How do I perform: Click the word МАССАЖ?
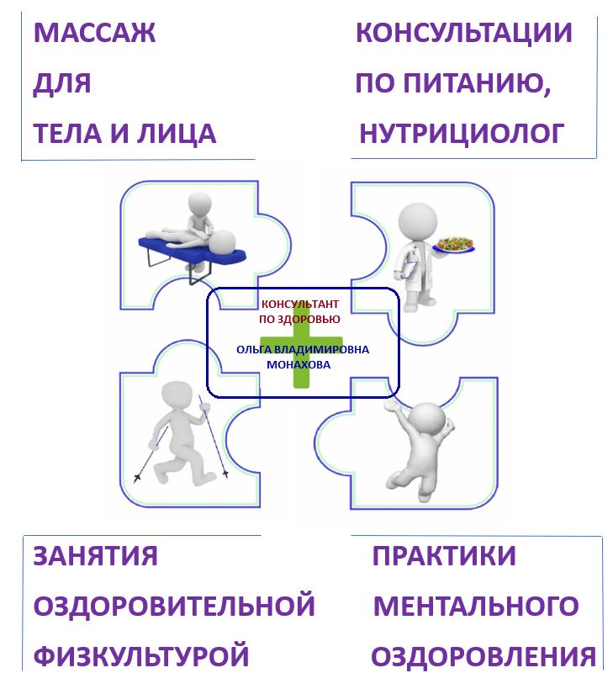click(x=94, y=33)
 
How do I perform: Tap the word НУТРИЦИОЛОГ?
click(x=462, y=134)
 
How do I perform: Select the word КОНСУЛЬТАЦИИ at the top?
click(x=464, y=33)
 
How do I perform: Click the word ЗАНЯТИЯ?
click(x=95, y=556)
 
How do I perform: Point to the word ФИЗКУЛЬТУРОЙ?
click(x=141, y=656)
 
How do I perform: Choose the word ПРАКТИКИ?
click(x=444, y=556)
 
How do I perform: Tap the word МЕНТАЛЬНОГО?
click(x=476, y=607)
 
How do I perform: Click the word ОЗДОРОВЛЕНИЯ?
click(x=484, y=657)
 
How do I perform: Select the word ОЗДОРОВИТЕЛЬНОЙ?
click(x=174, y=606)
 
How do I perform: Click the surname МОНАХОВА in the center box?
click(x=299, y=365)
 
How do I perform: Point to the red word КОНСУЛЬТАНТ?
click(x=300, y=304)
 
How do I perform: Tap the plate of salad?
click(x=454, y=244)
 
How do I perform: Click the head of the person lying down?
click(x=222, y=242)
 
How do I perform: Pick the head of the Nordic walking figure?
click(x=177, y=395)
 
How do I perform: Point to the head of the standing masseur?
click(x=200, y=204)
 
